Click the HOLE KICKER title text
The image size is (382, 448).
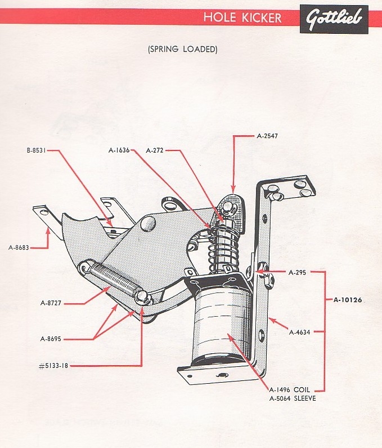pyautogui.click(x=242, y=17)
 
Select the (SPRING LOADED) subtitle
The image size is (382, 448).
pyautogui.click(x=182, y=50)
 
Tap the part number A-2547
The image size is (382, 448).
pyautogui.click(x=268, y=136)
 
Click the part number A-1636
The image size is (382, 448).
pyautogui.click(x=119, y=150)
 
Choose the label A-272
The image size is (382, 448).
pyautogui.click(x=155, y=150)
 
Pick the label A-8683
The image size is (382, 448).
pyautogui.click(x=20, y=247)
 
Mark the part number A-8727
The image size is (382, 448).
pyautogui.click(x=55, y=303)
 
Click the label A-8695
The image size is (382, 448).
pyautogui.click(x=55, y=339)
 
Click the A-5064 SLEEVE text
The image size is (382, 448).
pyautogui.click(x=293, y=398)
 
